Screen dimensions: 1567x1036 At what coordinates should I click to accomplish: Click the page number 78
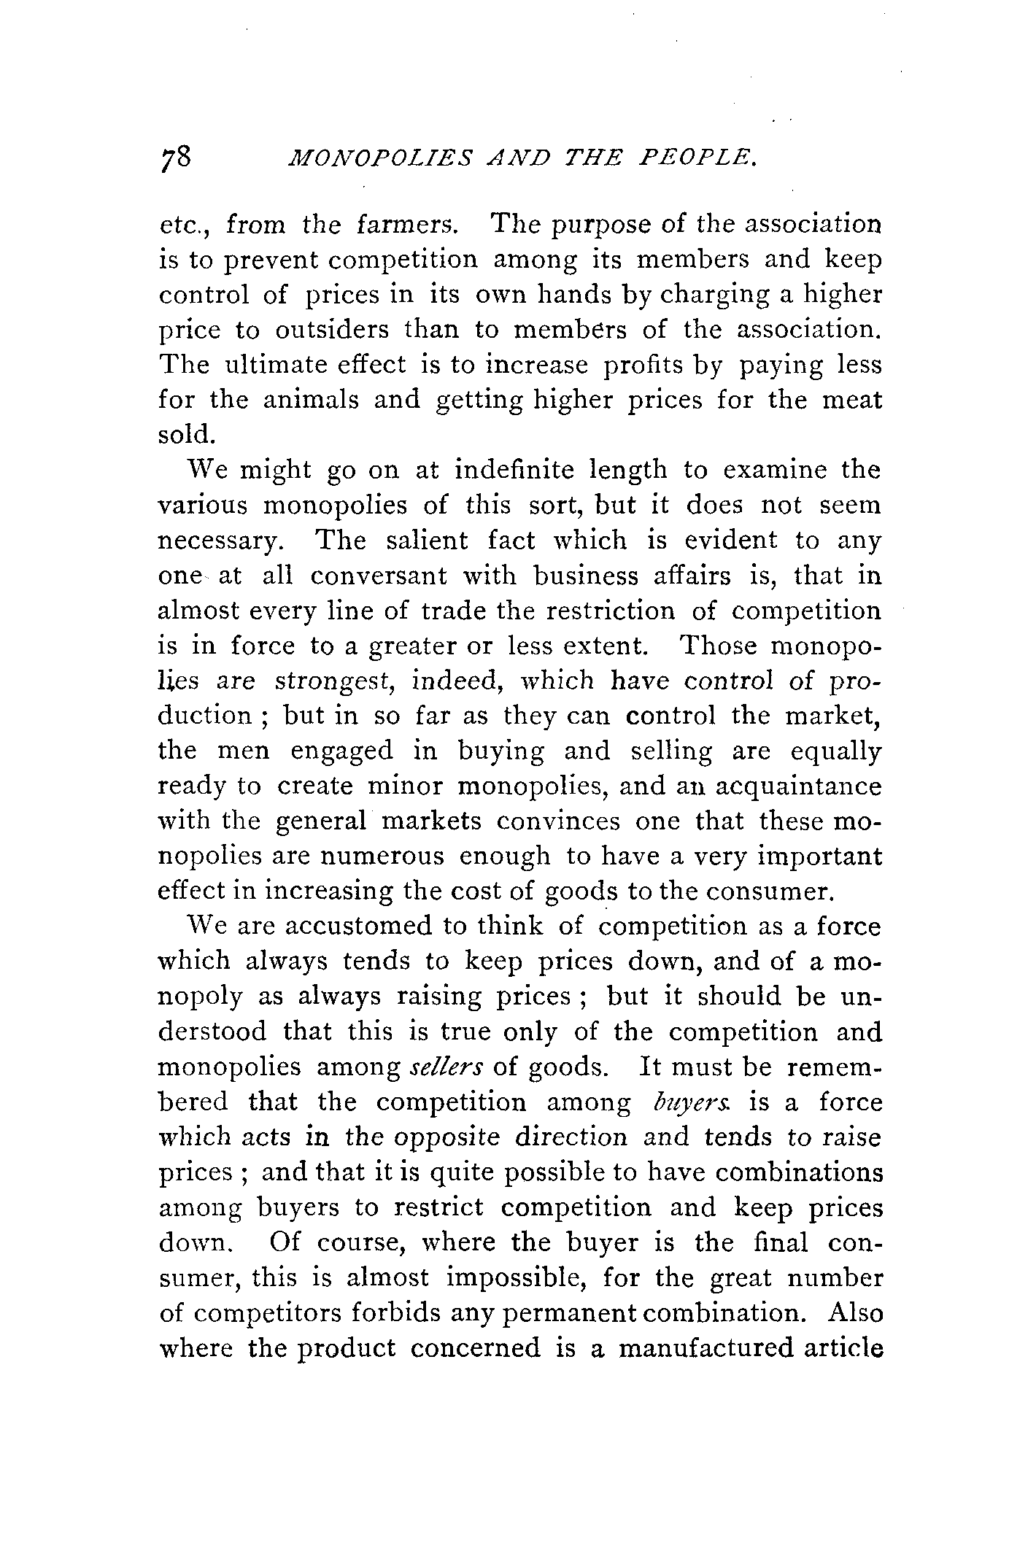[x=175, y=158]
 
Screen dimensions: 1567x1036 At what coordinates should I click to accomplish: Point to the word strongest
[x=333, y=682]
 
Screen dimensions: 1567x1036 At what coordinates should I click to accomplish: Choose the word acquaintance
[x=798, y=787]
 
